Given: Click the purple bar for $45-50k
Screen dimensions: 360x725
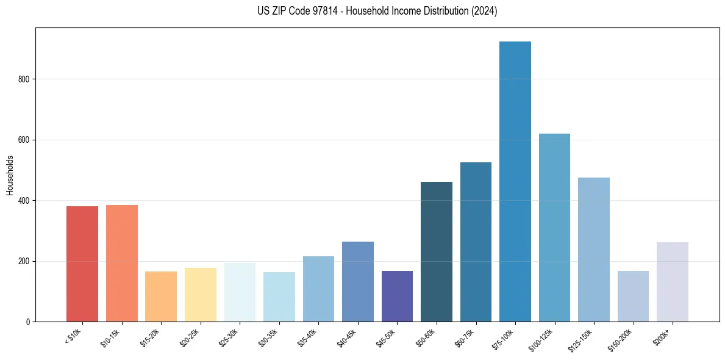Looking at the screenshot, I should (397, 296).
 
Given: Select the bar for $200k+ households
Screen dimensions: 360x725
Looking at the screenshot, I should (673, 282).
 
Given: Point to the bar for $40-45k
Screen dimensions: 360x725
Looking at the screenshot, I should (358, 281).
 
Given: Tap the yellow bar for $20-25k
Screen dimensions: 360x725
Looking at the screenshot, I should (201, 295).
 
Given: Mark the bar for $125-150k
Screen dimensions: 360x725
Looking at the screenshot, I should (594, 250).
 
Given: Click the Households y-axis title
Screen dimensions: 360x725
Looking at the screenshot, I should (10, 175).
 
